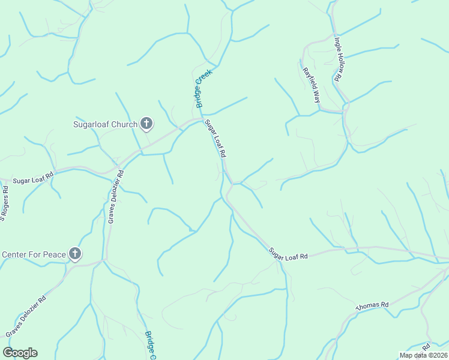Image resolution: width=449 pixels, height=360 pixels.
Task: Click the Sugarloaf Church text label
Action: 105,125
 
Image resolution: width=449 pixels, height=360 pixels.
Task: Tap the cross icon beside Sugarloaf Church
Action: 146,124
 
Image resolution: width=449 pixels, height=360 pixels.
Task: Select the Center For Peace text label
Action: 33,254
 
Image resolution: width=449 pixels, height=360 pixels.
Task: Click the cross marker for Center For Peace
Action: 74,254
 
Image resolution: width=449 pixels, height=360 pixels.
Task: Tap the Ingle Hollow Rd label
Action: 338,59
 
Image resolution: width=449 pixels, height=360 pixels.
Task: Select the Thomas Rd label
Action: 372,305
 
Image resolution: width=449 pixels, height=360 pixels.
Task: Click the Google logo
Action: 20,353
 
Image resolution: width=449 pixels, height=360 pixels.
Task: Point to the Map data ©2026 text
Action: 423,355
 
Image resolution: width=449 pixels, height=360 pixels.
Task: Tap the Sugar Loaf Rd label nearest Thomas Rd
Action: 288,253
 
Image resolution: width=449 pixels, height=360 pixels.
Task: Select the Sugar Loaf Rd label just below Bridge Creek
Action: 215,139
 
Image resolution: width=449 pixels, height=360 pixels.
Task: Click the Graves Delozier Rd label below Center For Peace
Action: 25,316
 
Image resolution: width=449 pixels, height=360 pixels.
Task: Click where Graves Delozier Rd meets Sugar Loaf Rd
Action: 120,164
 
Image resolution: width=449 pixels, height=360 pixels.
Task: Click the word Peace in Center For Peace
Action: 53,254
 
